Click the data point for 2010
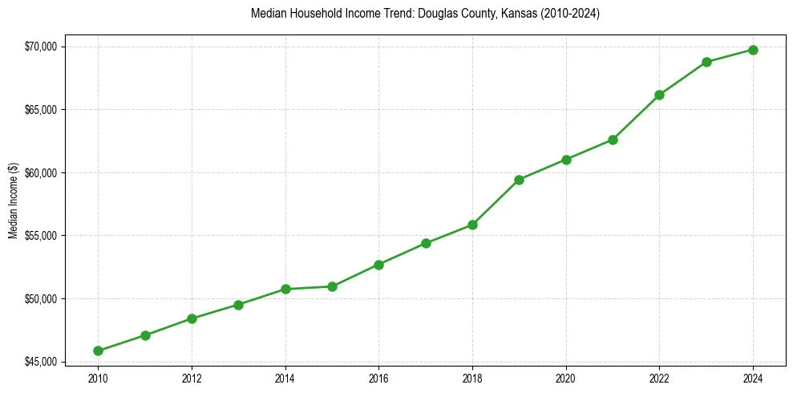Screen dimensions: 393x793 [98, 350]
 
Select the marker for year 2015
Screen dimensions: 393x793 [332, 286]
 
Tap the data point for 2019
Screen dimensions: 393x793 [519, 180]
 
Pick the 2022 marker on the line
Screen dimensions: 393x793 [659, 95]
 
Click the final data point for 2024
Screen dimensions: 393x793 [753, 50]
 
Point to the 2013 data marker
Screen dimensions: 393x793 [238, 305]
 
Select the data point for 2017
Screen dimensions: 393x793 [426, 243]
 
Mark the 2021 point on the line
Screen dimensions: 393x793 [613, 140]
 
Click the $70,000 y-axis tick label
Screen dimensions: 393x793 [41, 47]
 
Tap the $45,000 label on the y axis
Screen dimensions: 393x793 [41, 363]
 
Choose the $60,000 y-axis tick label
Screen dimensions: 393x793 [41, 173]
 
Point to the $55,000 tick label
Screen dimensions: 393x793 [41, 236]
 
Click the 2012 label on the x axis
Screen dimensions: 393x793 [192, 378]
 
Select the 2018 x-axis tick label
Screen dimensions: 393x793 [472, 378]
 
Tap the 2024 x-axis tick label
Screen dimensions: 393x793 [753, 378]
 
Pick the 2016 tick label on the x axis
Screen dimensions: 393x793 [378, 378]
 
